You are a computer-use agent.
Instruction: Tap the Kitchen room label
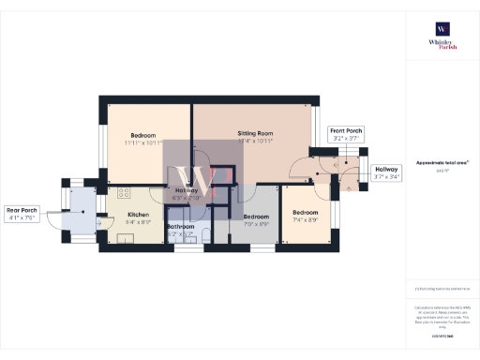[139, 214]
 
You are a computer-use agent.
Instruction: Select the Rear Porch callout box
[22, 214]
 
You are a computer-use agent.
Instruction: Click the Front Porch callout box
[346, 133]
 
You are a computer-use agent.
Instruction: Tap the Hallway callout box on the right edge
[387, 172]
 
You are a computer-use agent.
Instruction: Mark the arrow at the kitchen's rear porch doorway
[98, 222]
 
